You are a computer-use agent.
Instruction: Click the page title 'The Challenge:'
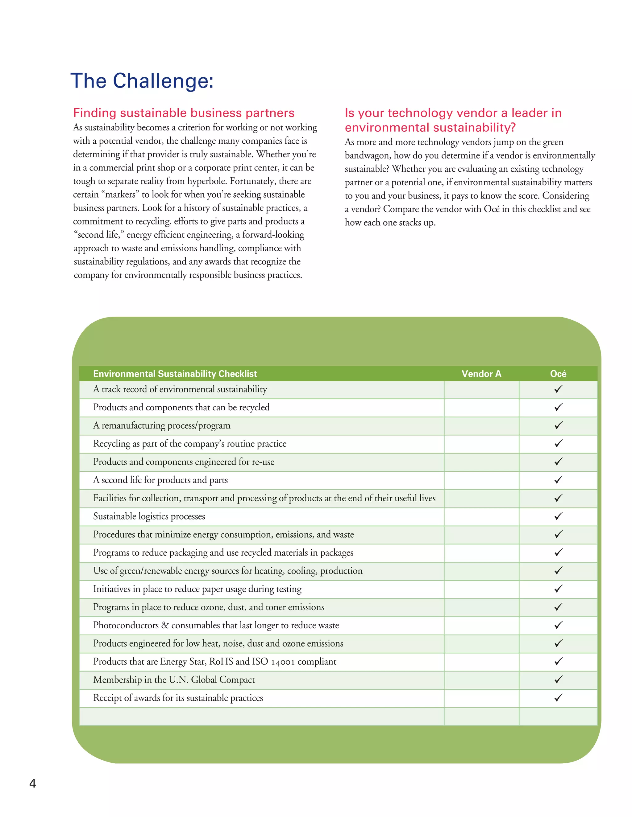pyautogui.click(x=142, y=81)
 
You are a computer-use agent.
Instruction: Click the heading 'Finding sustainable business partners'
pyautogui.click(x=184, y=113)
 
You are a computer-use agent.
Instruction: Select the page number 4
pyautogui.click(x=33, y=783)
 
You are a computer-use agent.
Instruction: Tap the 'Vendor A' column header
pyautogui.click(x=481, y=374)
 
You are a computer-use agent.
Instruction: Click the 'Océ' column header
pyautogui.click(x=558, y=374)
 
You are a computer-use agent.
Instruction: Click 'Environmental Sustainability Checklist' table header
pyautogui.click(x=175, y=374)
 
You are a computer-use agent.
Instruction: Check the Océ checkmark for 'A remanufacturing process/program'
pyautogui.click(x=558, y=425)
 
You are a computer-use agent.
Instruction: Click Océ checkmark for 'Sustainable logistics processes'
pyautogui.click(x=558, y=516)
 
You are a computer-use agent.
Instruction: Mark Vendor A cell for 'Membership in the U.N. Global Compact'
pyautogui.click(x=481, y=680)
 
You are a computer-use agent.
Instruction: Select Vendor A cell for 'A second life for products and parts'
pyautogui.click(x=481, y=480)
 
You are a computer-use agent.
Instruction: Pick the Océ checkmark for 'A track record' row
pyautogui.click(x=558, y=389)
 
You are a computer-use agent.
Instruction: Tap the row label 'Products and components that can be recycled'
pyautogui.click(x=181, y=407)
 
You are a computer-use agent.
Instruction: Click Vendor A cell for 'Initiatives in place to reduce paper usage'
pyautogui.click(x=481, y=589)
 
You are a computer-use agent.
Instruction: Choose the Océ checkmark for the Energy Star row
pyautogui.click(x=558, y=661)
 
